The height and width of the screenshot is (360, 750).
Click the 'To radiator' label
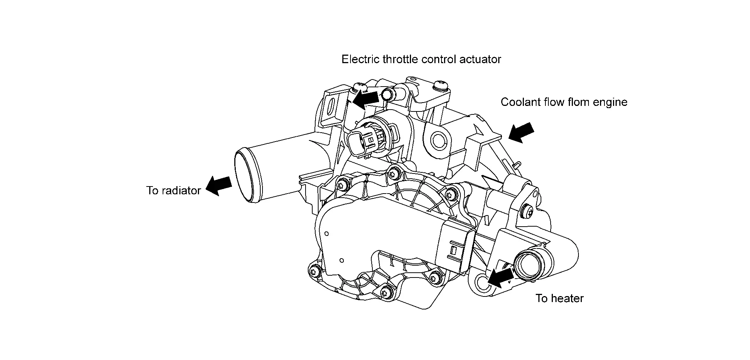(173, 191)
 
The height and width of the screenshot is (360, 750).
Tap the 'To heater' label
(559, 298)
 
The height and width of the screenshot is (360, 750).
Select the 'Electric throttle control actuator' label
(421, 59)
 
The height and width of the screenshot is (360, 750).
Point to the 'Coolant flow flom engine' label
(564, 102)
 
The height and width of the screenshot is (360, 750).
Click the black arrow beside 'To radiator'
(219, 185)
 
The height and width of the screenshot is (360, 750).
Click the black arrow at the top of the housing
(366, 99)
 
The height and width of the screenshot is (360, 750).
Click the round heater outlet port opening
(529, 267)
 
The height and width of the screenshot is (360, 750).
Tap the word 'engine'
(610, 103)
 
